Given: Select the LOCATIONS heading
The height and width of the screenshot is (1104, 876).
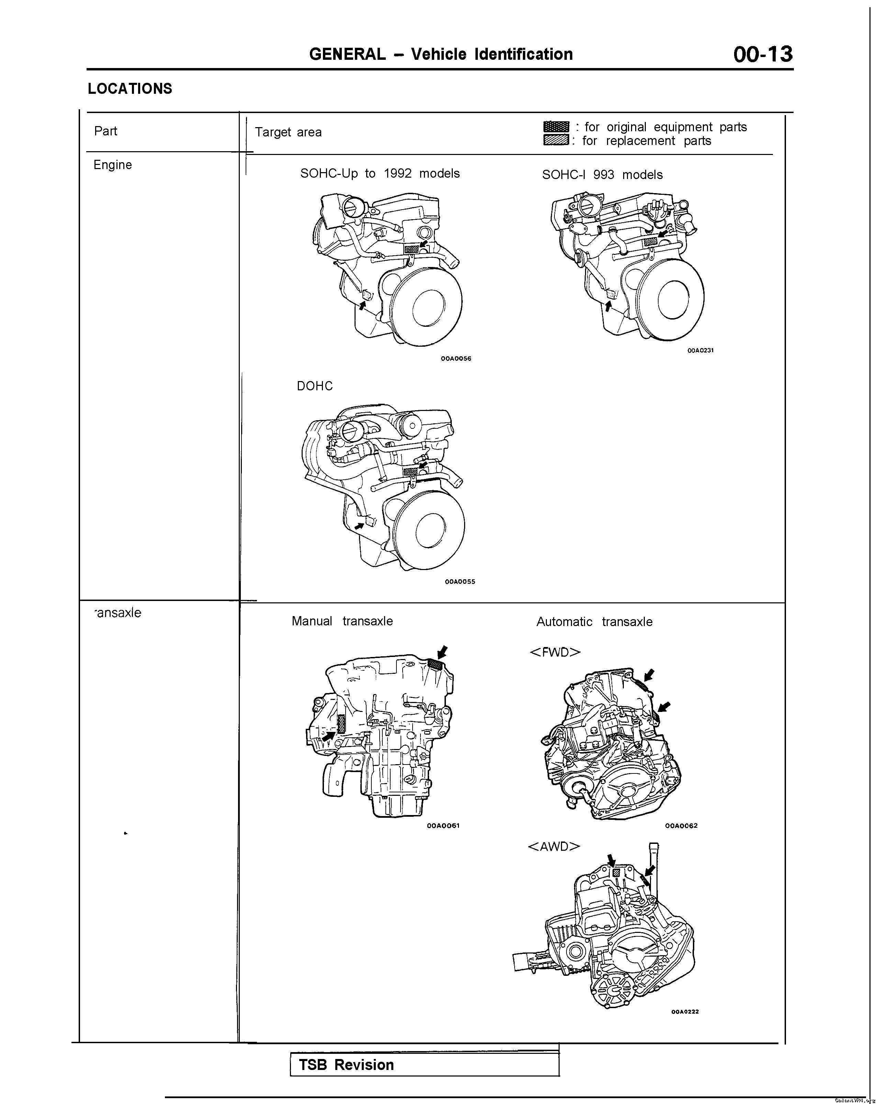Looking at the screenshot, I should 130,89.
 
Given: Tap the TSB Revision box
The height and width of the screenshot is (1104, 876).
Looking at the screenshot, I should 424,1065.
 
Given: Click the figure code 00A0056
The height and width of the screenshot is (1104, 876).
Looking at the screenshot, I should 456,358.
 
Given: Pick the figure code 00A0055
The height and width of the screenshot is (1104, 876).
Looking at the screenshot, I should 460,581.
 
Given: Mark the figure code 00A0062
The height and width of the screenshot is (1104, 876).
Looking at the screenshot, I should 681,825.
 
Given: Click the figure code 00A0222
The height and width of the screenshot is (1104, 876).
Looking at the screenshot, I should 685,1011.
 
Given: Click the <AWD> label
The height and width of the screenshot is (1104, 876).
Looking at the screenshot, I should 554,846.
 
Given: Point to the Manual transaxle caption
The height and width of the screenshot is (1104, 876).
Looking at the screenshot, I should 342,621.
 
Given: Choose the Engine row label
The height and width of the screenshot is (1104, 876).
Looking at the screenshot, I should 113,165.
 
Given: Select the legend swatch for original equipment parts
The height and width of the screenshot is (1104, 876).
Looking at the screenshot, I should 556,126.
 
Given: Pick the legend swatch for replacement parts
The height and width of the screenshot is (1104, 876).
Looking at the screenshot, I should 556,140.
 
